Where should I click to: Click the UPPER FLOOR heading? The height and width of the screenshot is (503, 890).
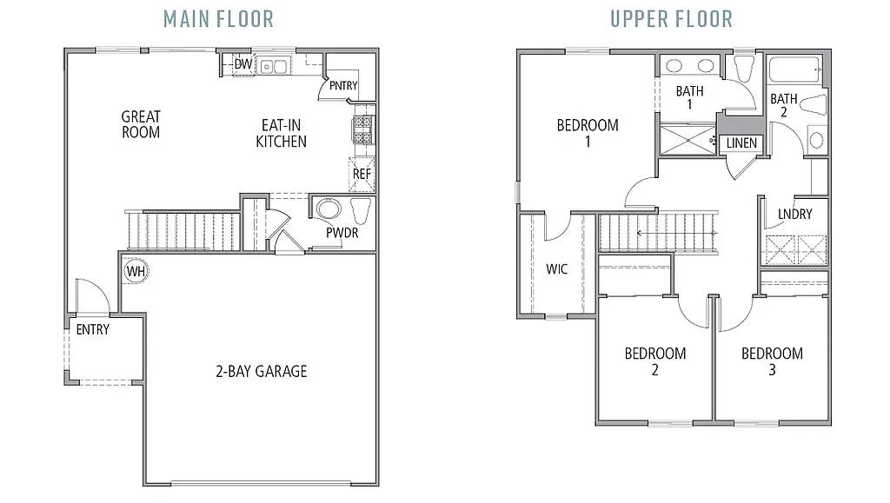(670, 17)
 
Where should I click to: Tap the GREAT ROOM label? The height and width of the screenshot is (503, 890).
(141, 124)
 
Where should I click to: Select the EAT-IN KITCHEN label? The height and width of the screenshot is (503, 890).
(281, 133)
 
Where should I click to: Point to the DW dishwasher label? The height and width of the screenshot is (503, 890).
(243, 64)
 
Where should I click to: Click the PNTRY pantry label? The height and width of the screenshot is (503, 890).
(343, 85)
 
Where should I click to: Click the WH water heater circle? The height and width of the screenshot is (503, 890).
(135, 271)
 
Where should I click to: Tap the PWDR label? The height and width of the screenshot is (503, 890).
(342, 233)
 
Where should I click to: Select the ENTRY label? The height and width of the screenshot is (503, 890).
(93, 329)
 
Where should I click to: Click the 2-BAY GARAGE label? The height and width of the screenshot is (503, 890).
(261, 372)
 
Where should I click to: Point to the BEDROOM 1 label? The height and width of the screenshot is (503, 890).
(588, 133)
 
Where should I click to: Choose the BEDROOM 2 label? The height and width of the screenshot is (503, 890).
(654, 361)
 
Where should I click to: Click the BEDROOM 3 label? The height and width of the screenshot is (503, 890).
(772, 361)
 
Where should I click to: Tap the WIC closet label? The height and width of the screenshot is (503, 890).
(556, 269)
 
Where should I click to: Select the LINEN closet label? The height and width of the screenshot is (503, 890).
(741, 143)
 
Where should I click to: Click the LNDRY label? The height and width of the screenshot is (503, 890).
(795, 214)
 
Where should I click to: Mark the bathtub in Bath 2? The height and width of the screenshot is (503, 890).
(795, 69)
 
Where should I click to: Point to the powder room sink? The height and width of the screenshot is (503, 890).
(329, 209)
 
